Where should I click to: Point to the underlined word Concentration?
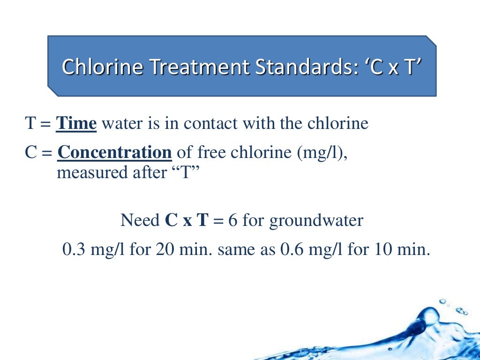pyautogui.click(x=114, y=153)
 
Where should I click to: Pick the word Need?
pyautogui.click(x=140, y=220)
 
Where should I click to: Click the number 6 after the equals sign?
pyautogui.click(x=233, y=220)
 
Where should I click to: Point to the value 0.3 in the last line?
pyautogui.click(x=73, y=248)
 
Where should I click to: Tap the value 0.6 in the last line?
pyautogui.click(x=290, y=248)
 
